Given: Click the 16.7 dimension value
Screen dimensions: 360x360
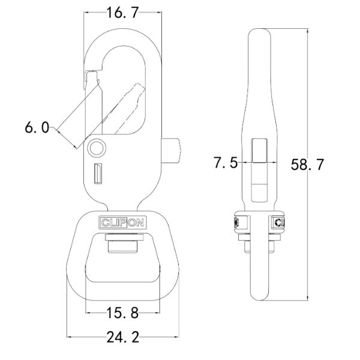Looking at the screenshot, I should coord(122,13).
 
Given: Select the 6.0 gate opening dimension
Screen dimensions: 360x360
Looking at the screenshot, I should coord(37,127).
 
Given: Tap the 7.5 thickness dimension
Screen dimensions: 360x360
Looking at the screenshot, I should coord(226,163).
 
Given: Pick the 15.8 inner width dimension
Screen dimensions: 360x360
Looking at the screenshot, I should coord(123,313).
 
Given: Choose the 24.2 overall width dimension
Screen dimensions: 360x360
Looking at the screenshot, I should coord(122,337).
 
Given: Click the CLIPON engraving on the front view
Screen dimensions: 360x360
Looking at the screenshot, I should coord(122,222).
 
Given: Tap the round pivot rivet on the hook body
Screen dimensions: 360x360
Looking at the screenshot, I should coord(96,148).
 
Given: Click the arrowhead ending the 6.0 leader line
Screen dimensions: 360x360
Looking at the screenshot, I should coord(76,146).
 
